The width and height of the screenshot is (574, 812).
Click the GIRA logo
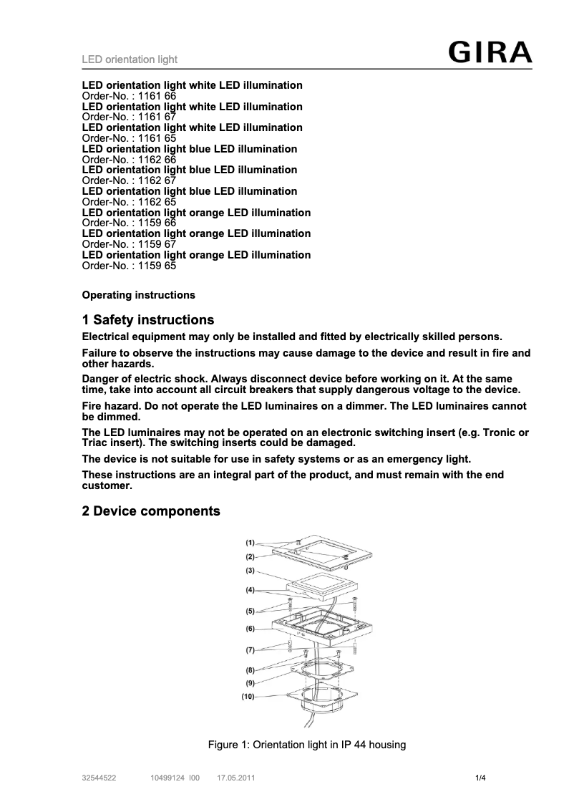click(490, 54)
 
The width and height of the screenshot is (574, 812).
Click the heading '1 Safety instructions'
click(148, 320)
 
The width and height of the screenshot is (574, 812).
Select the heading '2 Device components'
click(151, 511)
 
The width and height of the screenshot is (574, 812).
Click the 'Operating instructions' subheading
click(139, 295)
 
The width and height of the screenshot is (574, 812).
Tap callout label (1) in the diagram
click(250, 543)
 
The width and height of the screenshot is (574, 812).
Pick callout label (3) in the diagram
click(250, 571)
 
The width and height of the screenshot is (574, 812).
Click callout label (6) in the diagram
click(250, 629)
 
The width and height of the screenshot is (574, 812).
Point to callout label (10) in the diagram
click(248, 695)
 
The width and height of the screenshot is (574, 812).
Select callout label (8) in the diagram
click(250, 670)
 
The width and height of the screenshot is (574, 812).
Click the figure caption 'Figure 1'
click(306, 745)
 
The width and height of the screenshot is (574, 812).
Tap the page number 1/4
click(481, 778)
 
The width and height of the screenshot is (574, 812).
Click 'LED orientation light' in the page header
click(130, 59)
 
